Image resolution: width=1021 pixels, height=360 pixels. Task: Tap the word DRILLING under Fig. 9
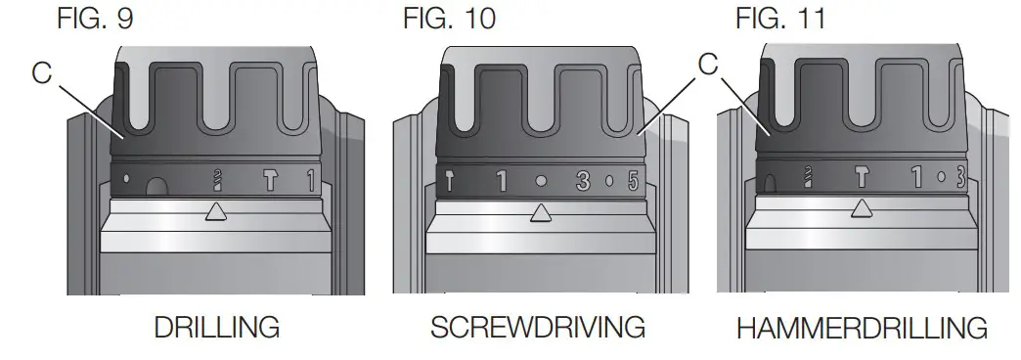point(217,327)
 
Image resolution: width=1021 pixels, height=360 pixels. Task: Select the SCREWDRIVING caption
point(538,327)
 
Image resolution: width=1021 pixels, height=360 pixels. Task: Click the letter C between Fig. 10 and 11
point(709,65)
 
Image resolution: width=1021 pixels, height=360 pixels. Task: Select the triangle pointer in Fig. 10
point(539,210)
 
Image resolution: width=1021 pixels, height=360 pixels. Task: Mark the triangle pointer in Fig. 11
point(862,206)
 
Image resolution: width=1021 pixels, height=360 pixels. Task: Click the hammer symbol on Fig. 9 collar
point(271,179)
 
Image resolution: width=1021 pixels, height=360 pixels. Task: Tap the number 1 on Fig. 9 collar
point(310,179)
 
